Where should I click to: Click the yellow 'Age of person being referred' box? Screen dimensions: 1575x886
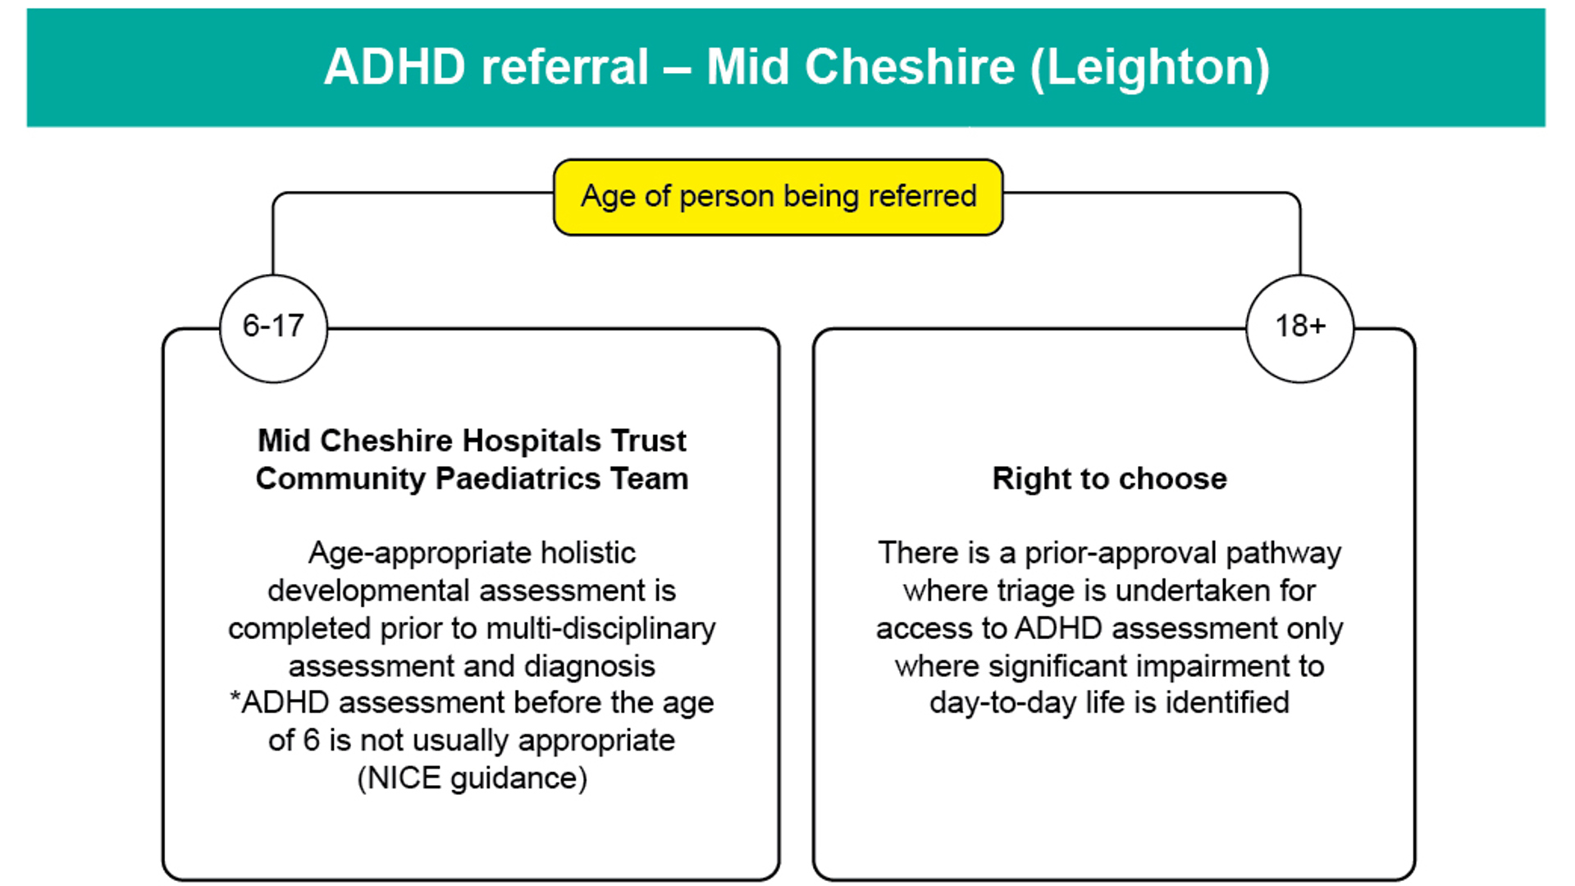(778, 197)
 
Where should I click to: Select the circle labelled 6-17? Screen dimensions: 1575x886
(273, 328)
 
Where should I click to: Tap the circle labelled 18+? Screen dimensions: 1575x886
(1299, 328)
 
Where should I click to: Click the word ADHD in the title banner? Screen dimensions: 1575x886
(395, 66)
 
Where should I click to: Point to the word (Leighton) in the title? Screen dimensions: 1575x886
(1149, 67)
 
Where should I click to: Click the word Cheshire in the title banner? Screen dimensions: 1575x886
(909, 66)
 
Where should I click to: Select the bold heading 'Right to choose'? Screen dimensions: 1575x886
(1109, 478)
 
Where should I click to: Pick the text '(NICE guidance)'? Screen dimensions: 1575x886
(472, 778)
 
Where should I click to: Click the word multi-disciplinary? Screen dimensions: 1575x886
(601, 628)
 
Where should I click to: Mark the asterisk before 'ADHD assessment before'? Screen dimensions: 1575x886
(235, 697)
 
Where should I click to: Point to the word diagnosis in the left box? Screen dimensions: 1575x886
(590, 666)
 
